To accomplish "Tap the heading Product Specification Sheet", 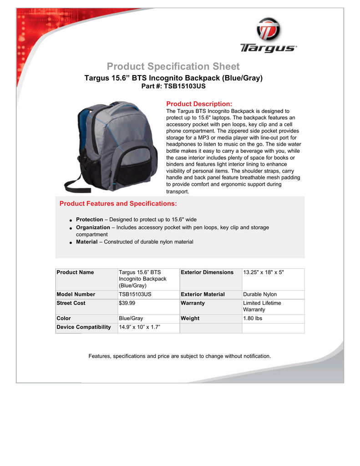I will [x=173, y=67].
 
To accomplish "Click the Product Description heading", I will [x=199, y=104].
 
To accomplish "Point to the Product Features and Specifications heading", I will [x=118, y=203].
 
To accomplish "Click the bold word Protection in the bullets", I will [x=89, y=219].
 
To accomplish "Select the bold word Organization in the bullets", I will [x=93, y=227].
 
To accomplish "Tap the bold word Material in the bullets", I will [x=86, y=242].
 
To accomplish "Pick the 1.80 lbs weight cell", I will [x=253, y=319].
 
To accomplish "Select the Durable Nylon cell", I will [x=260, y=294].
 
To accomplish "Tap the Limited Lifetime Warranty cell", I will [x=262, y=306].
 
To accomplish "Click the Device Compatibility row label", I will [x=84, y=327].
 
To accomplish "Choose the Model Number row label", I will [x=76, y=294].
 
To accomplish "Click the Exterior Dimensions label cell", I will [x=207, y=272].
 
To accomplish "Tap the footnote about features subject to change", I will [x=180, y=356].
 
